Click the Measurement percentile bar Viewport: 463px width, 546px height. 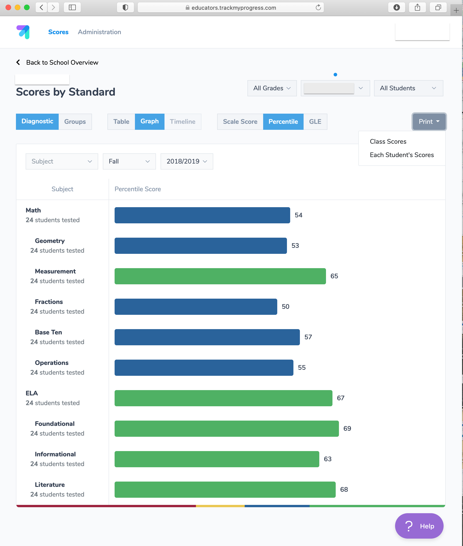point(220,276)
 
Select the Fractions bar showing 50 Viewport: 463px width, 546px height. point(195,306)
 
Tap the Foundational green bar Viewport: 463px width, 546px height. point(226,428)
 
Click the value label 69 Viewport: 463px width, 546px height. point(347,428)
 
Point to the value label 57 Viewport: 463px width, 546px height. point(308,337)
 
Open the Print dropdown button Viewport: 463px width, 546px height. point(429,121)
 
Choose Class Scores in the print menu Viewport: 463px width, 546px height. point(388,141)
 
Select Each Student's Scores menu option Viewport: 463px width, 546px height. point(402,155)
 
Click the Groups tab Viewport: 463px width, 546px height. point(75,121)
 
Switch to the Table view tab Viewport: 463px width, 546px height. point(121,121)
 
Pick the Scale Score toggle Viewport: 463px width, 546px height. point(240,121)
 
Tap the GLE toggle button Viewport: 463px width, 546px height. point(315,121)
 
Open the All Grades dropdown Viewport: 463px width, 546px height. point(272,88)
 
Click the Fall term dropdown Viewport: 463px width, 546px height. point(129,161)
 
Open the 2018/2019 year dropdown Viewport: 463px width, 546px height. point(187,161)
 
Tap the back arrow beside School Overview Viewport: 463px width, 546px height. point(18,62)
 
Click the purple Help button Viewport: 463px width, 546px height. point(419,526)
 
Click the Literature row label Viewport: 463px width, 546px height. point(50,485)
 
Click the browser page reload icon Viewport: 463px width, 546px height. point(318,7)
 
